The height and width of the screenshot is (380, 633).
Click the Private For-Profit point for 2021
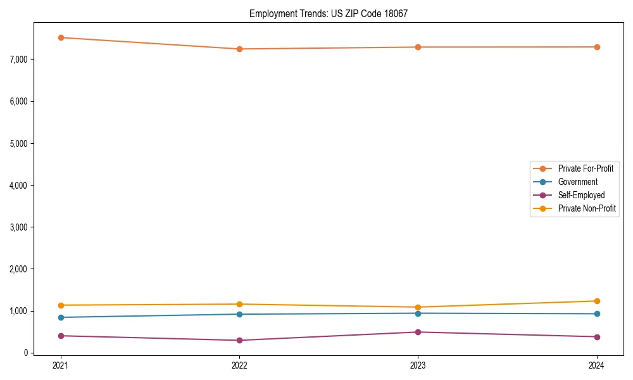(61, 37)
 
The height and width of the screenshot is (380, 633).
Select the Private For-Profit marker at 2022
(239, 49)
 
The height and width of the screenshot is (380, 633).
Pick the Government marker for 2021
(61, 317)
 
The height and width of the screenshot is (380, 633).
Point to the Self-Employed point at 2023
(418, 332)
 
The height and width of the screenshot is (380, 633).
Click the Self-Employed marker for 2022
(239, 340)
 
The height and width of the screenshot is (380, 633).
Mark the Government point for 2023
(418, 313)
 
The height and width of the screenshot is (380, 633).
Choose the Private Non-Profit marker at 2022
(239, 304)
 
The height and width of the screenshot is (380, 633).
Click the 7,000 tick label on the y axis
(18, 60)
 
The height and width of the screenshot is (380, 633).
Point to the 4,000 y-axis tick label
(18, 186)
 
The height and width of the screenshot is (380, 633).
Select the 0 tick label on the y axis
(26, 353)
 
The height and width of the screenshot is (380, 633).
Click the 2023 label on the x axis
(418, 365)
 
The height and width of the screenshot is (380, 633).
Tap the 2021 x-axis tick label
(61, 365)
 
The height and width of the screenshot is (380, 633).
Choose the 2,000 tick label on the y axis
(18, 269)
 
